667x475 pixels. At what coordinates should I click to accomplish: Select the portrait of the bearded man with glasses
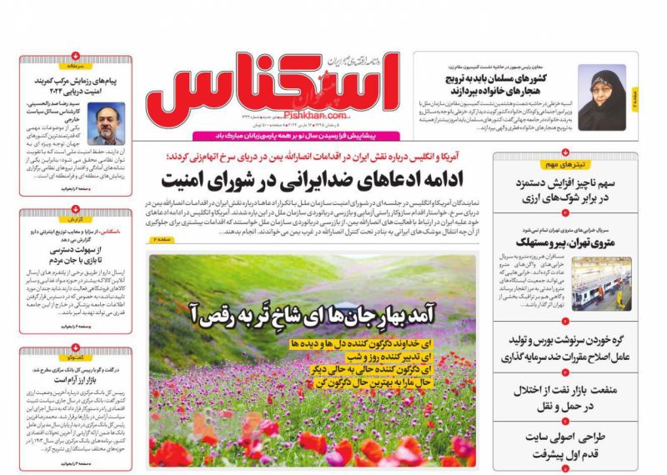tap(105, 123)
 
